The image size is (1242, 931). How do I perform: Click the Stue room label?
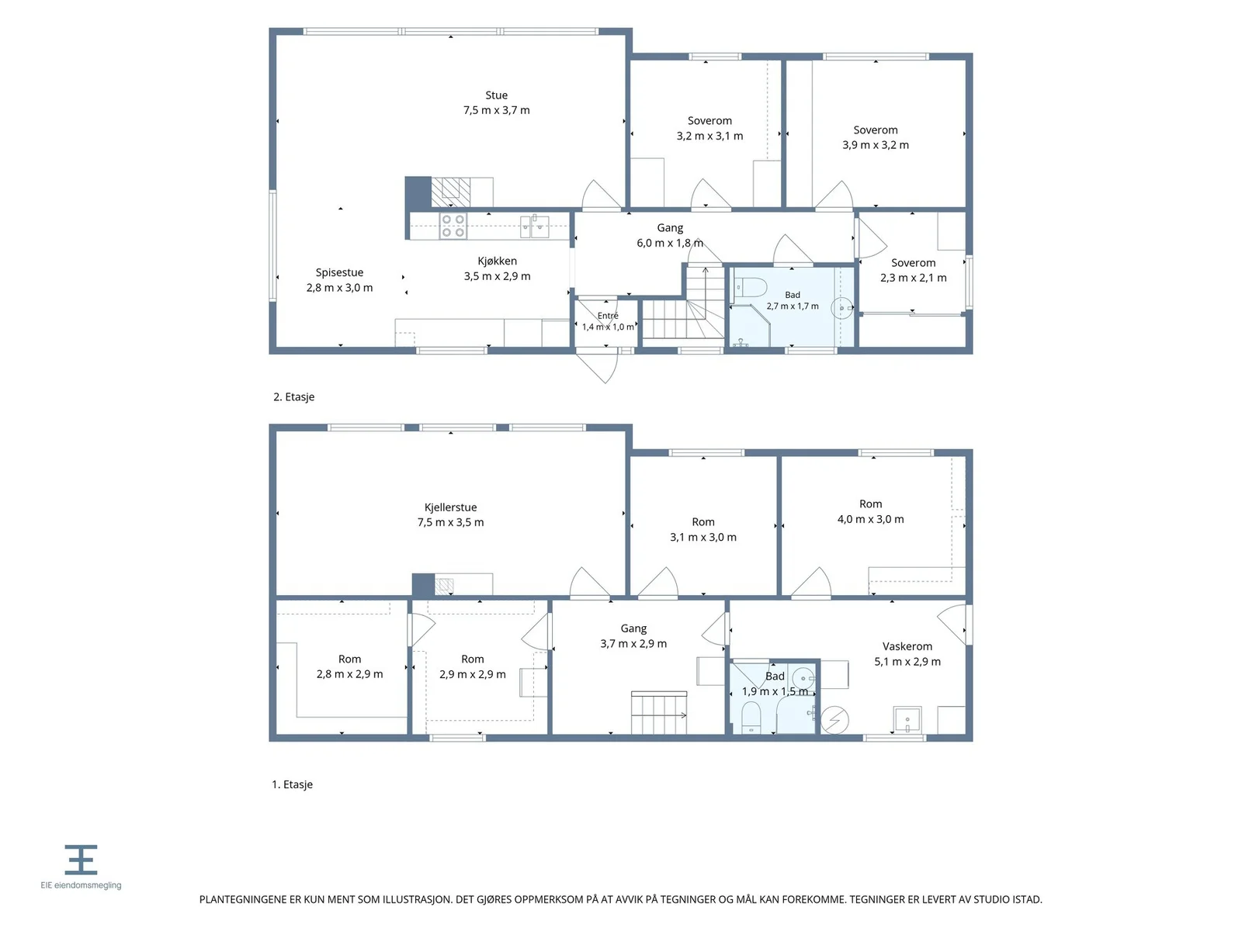(x=496, y=95)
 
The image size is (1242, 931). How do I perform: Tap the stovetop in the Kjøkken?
(x=453, y=226)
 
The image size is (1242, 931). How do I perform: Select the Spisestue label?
(x=339, y=272)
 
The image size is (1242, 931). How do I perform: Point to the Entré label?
(x=607, y=316)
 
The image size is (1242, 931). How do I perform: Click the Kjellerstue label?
(x=450, y=507)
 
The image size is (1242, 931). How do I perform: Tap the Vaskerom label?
(x=907, y=646)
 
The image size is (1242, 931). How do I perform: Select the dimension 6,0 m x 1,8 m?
(x=669, y=243)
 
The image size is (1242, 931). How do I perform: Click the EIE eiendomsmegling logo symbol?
(x=81, y=859)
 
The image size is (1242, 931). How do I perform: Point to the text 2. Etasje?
(x=293, y=396)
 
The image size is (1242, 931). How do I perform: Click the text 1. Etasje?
(x=292, y=784)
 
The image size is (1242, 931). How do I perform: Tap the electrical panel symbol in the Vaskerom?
(x=834, y=720)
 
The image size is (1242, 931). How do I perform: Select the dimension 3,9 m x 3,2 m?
(x=875, y=145)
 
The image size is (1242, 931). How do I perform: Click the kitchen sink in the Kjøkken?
(x=534, y=226)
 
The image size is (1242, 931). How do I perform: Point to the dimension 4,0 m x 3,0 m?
(x=869, y=519)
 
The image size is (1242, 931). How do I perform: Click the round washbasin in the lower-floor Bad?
(x=803, y=678)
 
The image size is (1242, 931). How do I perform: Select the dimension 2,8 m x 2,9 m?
(x=349, y=673)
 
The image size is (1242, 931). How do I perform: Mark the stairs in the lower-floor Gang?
(x=658, y=712)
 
